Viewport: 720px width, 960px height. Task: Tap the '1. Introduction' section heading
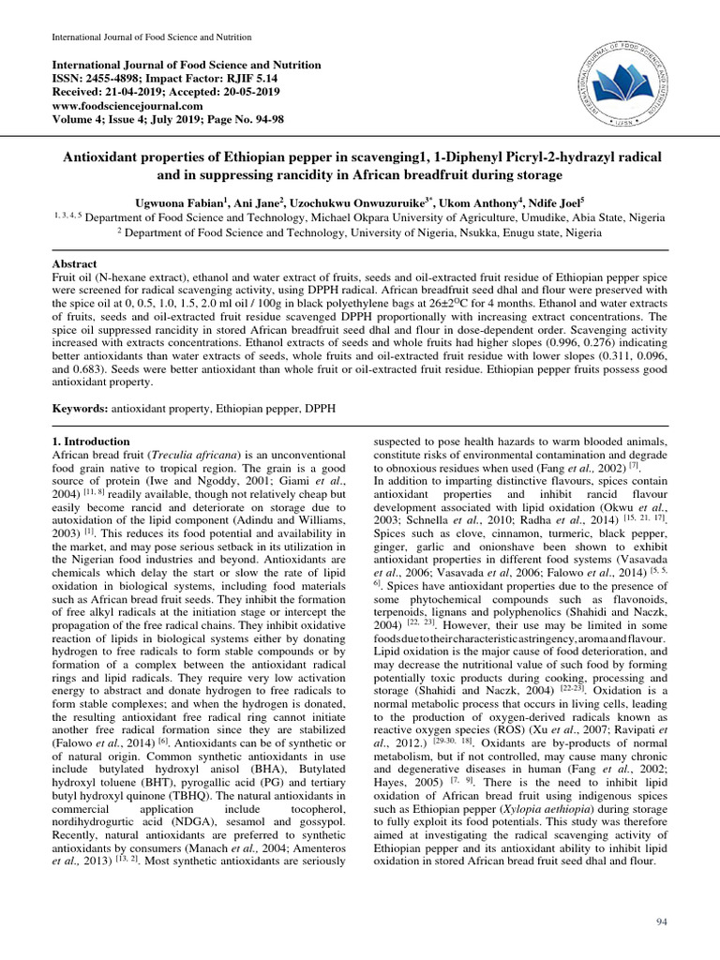[84, 439]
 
